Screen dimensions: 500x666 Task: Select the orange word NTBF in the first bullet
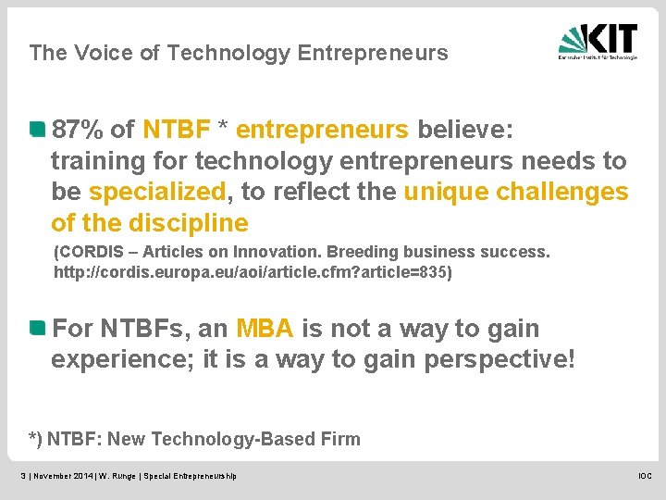click(176, 130)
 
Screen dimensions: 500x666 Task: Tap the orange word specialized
click(157, 193)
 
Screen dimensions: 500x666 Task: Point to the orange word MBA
click(265, 329)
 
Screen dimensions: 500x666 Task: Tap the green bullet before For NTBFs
click(37, 328)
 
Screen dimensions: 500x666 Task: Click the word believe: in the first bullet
click(464, 130)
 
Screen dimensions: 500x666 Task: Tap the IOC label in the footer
click(644, 476)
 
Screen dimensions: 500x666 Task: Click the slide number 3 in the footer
click(23, 476)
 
